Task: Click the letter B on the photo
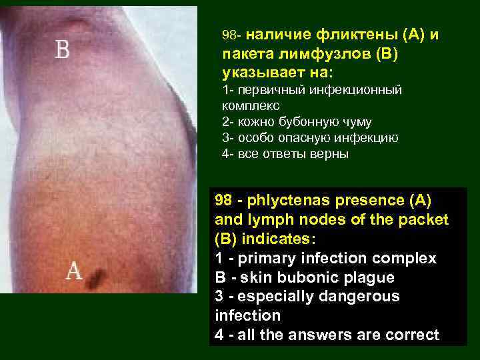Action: point(62,49)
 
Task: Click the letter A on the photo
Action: point(74,271)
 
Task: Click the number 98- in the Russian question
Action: point(234,34)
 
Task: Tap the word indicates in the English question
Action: point(280,239)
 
